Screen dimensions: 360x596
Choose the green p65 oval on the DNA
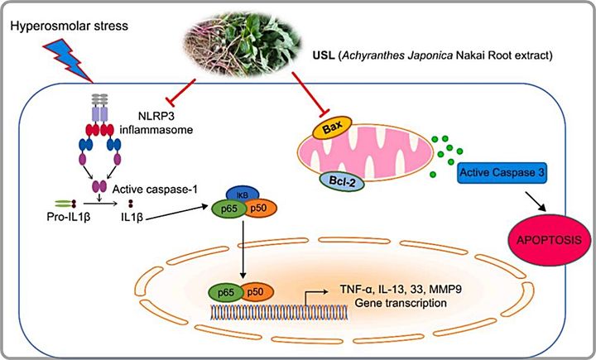[x=224, y=291]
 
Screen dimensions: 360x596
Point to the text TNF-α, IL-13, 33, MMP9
[x=394, y=290]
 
